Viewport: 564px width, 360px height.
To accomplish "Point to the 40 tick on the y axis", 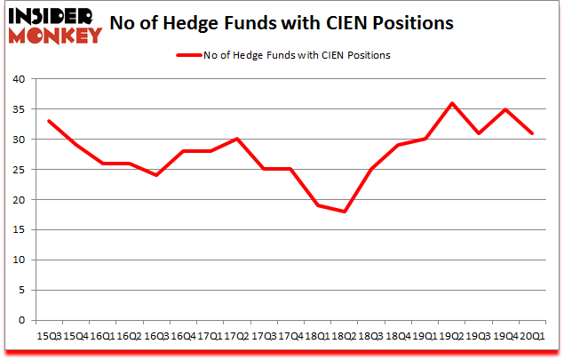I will [x=18, y=78].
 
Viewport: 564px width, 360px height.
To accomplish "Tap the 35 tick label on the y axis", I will [x=18, y=109].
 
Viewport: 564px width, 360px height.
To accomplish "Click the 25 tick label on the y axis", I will [x=18, y=170].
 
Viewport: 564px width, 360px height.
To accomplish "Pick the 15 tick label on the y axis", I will [x=18, y=230].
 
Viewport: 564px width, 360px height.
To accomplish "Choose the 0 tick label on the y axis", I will [x=21, y=321].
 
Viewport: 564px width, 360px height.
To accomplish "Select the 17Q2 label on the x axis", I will [x=235, y=336].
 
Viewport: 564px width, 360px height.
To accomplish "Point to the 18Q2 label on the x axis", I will [x=343, y=336].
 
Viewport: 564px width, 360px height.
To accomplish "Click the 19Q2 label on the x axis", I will [x=450, y=336].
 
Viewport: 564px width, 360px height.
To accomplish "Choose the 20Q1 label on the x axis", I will [x=531, y=336].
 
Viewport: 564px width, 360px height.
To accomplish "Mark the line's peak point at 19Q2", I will [x=451, y=103].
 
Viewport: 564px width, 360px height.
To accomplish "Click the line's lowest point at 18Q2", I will [x=344, y=212].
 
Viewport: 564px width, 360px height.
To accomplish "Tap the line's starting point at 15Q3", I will [x=48, y=121].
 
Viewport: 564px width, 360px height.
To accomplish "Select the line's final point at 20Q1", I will [x=532, y=133].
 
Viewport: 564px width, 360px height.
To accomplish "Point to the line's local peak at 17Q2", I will [x=236, y=139].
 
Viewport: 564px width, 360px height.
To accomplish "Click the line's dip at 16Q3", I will [x=155, y=175].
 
